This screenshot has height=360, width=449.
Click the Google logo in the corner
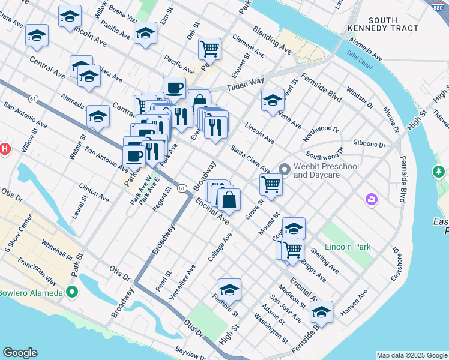20,353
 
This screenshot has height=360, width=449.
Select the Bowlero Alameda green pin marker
72,293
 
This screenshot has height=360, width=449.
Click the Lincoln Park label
348,247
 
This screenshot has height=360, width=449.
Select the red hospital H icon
4,149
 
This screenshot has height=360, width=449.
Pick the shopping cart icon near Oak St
209,48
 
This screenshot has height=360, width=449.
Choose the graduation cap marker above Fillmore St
229,290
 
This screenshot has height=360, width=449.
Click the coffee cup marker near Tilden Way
174,88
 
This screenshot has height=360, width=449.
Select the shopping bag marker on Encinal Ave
229,200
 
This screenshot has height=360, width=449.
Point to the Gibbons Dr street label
370,145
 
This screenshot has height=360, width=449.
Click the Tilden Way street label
245,84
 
